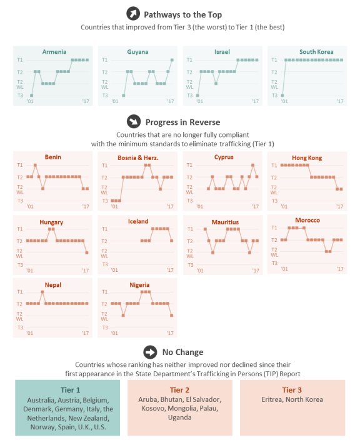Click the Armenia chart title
54,52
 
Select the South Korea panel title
316,52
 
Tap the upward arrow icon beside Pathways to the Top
133,14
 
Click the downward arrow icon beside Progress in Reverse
134,121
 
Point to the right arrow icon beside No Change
150,352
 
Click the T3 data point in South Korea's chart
282,96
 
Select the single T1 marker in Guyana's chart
172,60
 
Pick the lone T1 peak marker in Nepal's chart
42,292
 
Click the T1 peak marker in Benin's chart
35,165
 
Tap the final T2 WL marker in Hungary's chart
87,252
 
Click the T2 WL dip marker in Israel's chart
216,84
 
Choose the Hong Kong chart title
307,157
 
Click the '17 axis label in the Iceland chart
170,270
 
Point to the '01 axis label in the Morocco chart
284,269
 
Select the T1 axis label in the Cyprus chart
189,165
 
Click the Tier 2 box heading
179,390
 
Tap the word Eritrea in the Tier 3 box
272,399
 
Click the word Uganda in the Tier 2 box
180,417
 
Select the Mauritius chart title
225,222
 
